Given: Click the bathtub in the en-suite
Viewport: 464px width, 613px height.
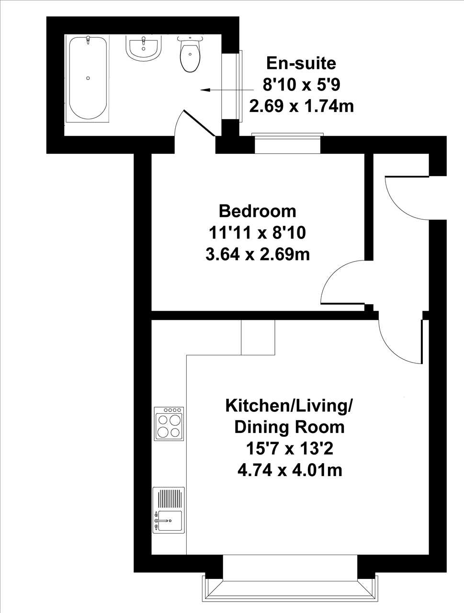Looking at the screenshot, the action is click(x=88, y=79).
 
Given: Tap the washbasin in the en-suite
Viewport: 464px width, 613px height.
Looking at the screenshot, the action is click(x=144, y=48).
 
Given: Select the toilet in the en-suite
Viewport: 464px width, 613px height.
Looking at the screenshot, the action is click(x=190, y=54).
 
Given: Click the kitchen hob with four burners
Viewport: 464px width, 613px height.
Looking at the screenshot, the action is click(x=169, y=423).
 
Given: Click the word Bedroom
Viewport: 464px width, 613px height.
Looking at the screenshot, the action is click(x=257, y=211).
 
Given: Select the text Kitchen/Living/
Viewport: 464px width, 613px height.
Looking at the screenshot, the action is click(x=289, y=406).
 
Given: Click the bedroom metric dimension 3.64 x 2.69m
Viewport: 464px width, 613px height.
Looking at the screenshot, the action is click(x=258, y=254).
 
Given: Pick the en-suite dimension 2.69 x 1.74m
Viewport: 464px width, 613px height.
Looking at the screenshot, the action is click(x=302, y=106).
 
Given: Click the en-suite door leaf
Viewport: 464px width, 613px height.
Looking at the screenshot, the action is click(x=199, y=123).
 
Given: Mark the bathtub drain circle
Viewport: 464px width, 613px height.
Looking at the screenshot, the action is click(x=88, y=78).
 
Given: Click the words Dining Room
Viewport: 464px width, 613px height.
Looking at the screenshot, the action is click(x=290, y=428).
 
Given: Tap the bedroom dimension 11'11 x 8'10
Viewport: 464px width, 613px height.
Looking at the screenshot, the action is click(x=258, y=233).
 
